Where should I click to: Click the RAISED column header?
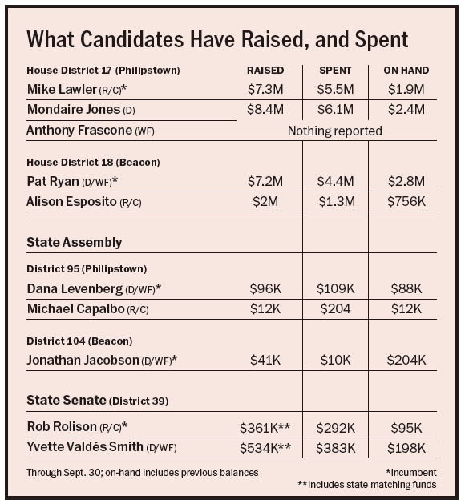point(265,71)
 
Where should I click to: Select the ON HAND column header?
point(406,71)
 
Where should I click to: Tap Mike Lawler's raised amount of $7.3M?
point(265,90)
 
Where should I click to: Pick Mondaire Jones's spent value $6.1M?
point(335,110)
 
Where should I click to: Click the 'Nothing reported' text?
point(335,131)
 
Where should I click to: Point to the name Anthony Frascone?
point(79,131)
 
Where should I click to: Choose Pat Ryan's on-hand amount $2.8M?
point(406,182)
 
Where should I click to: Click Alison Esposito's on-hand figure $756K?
point(406,202)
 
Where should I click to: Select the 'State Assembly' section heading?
point(75,242)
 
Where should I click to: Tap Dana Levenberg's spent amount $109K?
point(335,289)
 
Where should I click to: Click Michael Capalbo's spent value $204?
point(335,309)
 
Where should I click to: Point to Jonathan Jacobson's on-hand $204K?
point(406,361)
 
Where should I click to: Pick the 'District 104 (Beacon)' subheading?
point(79,341)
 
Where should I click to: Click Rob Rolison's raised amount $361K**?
point(265,428)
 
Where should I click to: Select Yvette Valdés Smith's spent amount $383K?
point(335,448)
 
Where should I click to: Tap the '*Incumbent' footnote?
point(411,473)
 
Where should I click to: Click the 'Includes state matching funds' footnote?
point(372,485)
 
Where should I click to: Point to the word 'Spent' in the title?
point(382,40)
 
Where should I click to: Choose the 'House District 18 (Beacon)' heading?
point(93,163)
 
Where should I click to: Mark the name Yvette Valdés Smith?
point(85,447)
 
